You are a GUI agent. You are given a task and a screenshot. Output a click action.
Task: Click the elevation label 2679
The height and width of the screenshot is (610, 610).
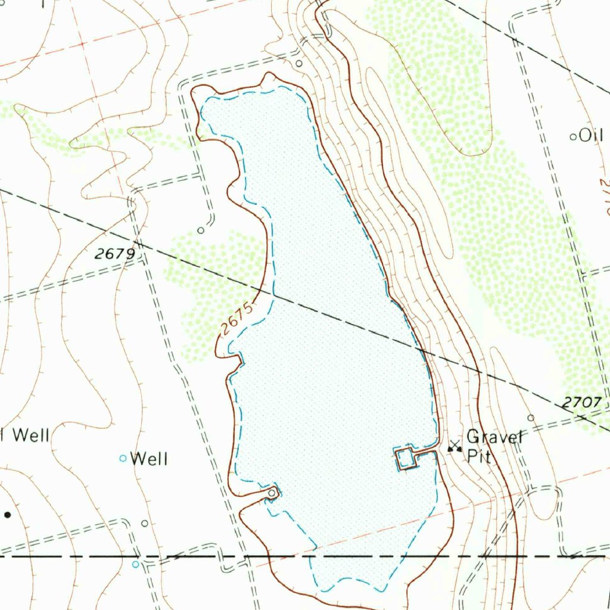click(115, 254)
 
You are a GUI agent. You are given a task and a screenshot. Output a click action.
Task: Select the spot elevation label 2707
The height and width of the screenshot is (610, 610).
click(581, 403)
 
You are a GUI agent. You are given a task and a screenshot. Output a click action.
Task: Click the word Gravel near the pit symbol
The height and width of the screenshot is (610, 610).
click(495, 437)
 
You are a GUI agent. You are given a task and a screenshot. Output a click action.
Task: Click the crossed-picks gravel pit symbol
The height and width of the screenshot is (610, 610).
click(455, 446)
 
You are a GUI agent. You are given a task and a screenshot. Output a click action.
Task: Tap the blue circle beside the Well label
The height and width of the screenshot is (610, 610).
click(123, 458)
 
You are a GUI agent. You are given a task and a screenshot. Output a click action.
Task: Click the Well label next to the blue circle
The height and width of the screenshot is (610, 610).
click(149, 459)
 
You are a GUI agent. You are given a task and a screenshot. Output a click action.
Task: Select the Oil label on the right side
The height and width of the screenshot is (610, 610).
click(592, 136)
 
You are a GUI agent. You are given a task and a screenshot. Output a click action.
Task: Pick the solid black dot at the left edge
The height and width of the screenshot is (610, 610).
click(7, 514)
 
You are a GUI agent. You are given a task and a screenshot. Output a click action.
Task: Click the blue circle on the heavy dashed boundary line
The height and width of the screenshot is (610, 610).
click(136, 564)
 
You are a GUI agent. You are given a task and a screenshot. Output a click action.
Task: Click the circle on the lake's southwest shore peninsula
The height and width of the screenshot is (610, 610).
click(272, 493)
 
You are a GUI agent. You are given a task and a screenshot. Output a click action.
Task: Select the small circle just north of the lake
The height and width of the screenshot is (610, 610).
click(299, 63)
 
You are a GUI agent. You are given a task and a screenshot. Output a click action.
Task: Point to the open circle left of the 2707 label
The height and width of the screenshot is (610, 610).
click(531, 418)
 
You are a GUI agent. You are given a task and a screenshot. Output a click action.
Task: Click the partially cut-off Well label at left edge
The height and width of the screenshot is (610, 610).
click(27, 435)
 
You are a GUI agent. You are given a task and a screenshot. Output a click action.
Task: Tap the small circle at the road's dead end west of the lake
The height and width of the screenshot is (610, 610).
click(201, 230)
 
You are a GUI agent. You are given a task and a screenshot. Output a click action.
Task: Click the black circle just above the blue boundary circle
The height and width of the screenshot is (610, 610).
click(145, 523)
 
